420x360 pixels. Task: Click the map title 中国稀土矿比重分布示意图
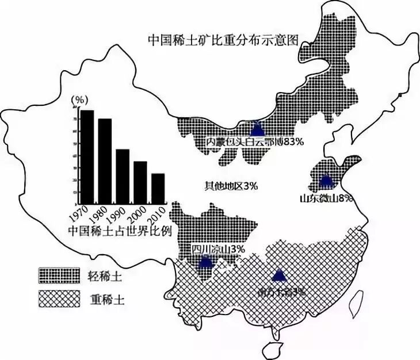225,41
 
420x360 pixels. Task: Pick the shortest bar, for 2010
158,189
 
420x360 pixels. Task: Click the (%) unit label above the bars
78,100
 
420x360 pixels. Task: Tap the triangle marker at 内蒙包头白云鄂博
255,128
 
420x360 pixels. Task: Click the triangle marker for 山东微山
326,181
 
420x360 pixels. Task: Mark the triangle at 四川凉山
205,263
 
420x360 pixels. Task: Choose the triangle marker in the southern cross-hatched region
279,275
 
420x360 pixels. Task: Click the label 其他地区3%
231,186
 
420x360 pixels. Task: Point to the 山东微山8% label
326,198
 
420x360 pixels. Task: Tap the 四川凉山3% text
219,250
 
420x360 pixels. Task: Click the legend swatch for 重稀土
58,298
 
